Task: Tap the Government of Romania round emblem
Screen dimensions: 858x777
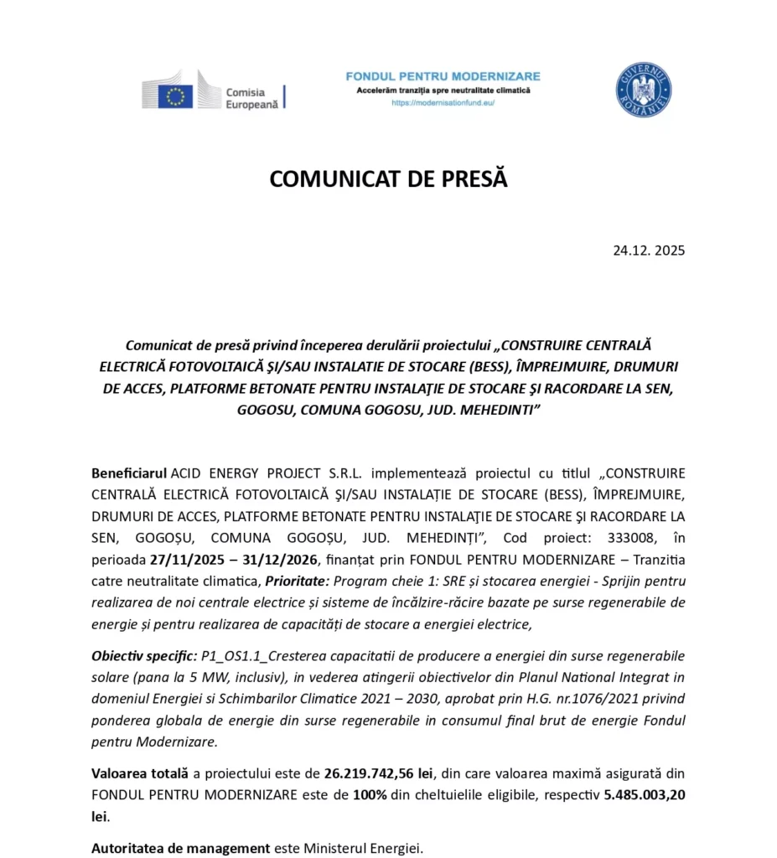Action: click(x=643, y=90)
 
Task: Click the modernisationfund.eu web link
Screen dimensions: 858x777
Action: click(x=443, y=103)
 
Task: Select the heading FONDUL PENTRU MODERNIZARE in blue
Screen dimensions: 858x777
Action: click(x=443, y=76)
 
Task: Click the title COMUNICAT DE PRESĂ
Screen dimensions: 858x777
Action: click(x=388, y=180)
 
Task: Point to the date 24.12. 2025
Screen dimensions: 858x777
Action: click(x=648, y=250)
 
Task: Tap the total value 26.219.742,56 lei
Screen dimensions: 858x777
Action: click(x=379, y=773)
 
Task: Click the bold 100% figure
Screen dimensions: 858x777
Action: click(x=370, y=794)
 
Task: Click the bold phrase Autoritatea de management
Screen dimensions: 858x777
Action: click(x=180, y=848)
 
